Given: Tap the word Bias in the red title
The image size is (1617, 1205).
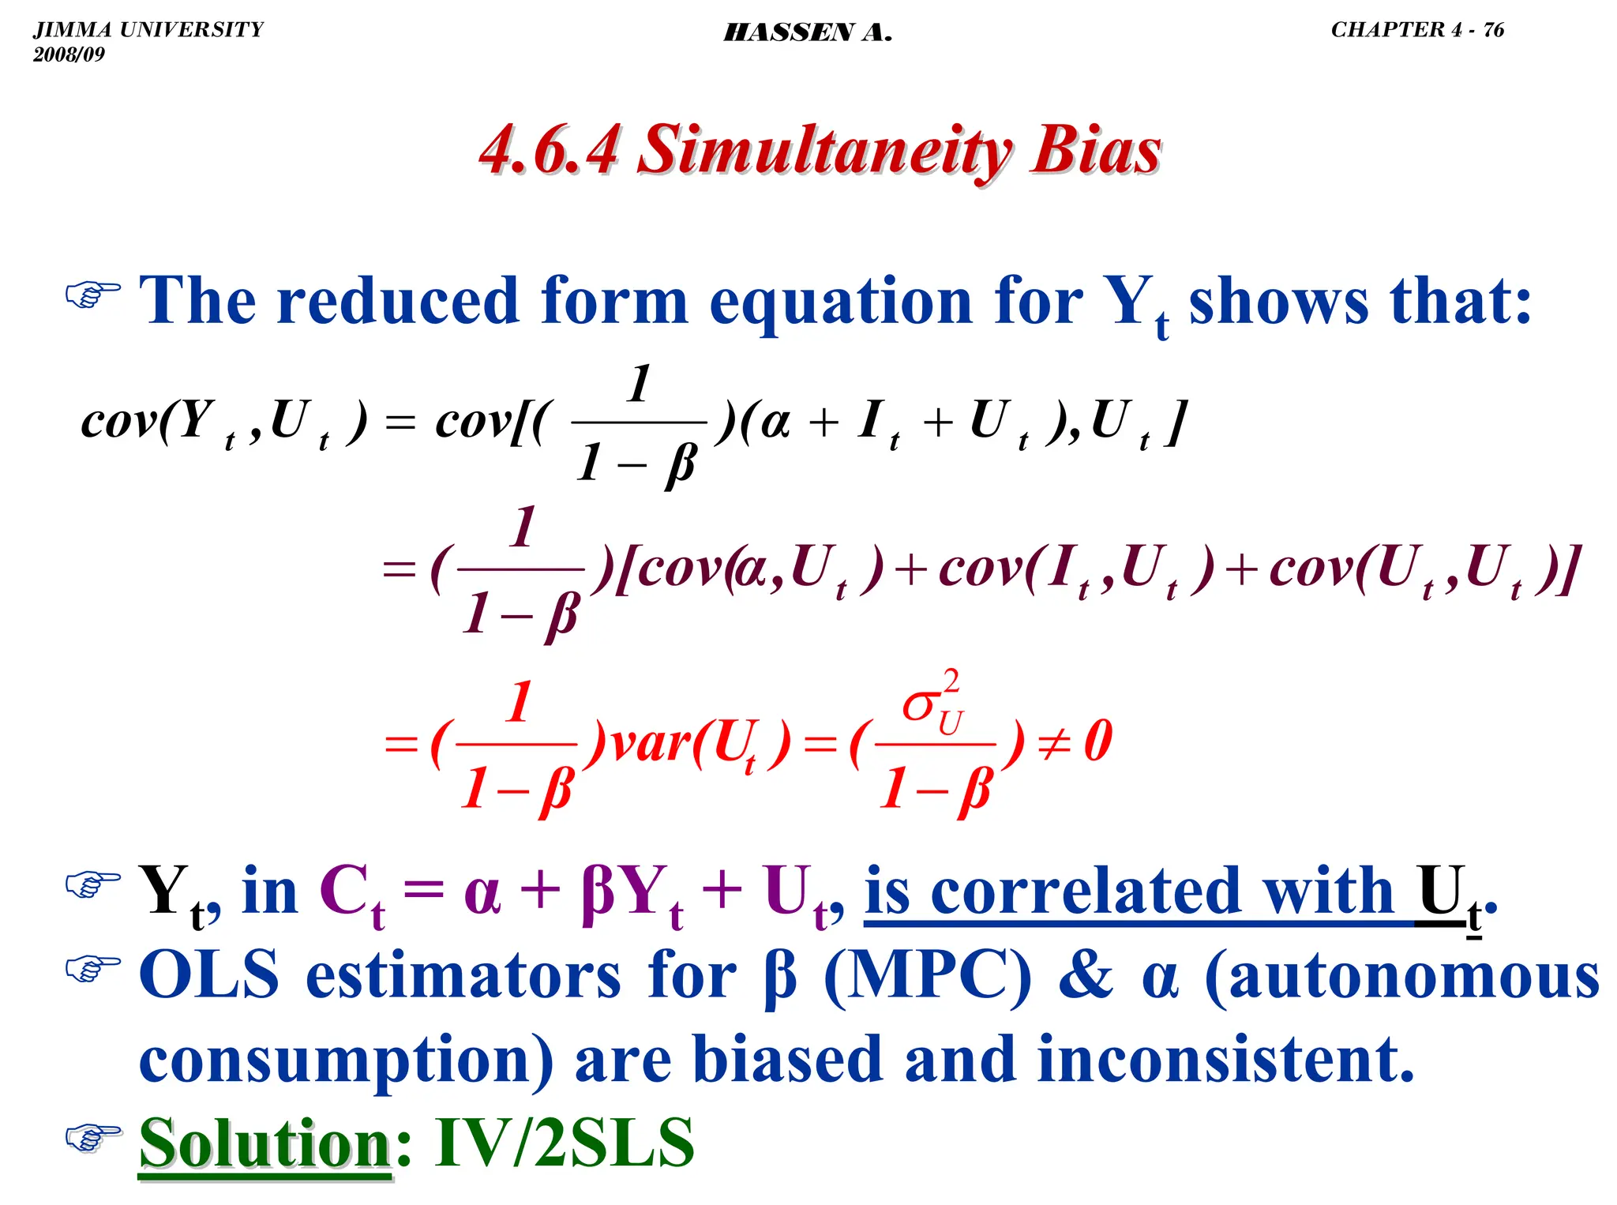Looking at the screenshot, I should [x=1095, y=151].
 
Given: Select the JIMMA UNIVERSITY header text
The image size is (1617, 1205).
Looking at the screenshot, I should [x=148, y=30].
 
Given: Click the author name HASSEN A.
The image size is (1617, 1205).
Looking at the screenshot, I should [x=808, y=32].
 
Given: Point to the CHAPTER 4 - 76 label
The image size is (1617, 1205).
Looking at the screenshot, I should [x=1417, y=30].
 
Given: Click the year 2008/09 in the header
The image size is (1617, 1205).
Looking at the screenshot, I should [x=69, y=54].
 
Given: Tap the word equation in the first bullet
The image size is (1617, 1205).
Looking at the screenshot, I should [x=840, y=302].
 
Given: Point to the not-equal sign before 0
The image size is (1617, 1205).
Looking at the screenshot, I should [x=1054, y=743].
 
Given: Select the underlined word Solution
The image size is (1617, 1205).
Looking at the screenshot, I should [x=265, y=1143].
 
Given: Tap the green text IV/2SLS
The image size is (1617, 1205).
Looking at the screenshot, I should [x=564, y=1143].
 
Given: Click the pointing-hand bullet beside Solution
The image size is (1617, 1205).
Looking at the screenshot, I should [x=93, y=1137].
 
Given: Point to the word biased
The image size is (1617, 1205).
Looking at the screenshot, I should [x=786, y=1060].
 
